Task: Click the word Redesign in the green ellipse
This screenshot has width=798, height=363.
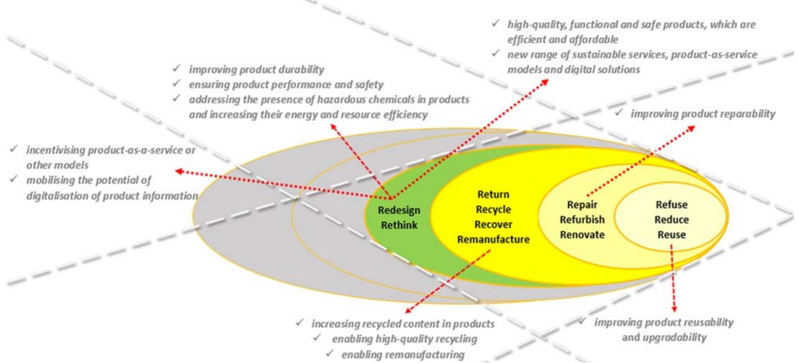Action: (x=399, y=210)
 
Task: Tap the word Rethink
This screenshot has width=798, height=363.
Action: (x=399, y=225)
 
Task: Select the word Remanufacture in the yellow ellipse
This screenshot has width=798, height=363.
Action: (x=493, y=239)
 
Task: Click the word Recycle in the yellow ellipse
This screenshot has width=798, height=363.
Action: (x=493, y=209)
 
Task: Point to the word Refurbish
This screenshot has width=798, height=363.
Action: (x=582, y=219)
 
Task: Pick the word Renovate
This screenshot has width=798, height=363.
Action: (x=582, y=234)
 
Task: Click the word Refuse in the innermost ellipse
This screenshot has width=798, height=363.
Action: (x=671, y=204)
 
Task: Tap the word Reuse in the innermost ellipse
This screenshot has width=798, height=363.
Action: (x=671, y=234)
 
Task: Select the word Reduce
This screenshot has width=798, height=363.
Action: (x=671, y=219)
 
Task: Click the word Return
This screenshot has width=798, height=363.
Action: (x=493, y=194)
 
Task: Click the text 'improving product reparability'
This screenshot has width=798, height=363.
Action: (x=702, y=114)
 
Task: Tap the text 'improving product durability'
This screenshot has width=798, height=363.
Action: (x=256, y=70)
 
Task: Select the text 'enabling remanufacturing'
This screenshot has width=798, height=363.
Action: (x=403, y=354)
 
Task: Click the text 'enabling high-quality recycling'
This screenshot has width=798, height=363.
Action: (x=404, y=339)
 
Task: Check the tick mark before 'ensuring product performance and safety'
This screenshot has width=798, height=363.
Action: (x=177, y=83)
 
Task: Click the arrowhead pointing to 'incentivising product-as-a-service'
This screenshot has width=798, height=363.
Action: (x=179, y=171)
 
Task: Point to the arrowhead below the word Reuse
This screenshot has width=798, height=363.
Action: (x=674, y=309)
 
